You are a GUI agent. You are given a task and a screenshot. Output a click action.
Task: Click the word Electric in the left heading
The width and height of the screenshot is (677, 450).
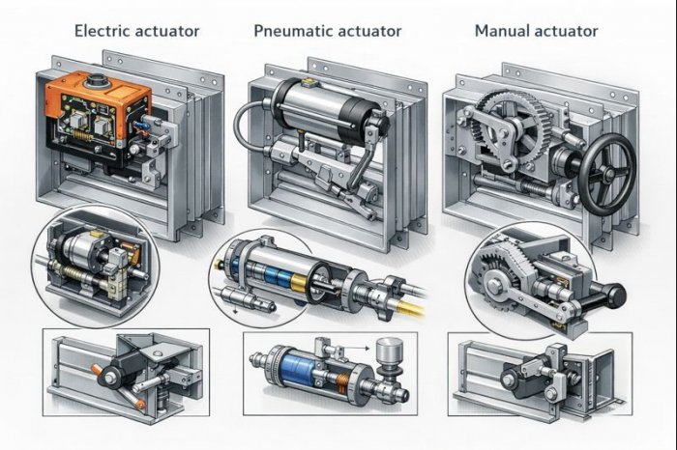tap(103, 31)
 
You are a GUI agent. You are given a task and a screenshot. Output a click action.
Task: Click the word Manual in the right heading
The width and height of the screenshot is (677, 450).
tap(502, 31)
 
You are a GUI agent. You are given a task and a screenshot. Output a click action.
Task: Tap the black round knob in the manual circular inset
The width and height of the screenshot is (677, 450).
tap(615, 295)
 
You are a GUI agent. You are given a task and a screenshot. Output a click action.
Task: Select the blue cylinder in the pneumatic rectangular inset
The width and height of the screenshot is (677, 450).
tap(295, 371)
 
